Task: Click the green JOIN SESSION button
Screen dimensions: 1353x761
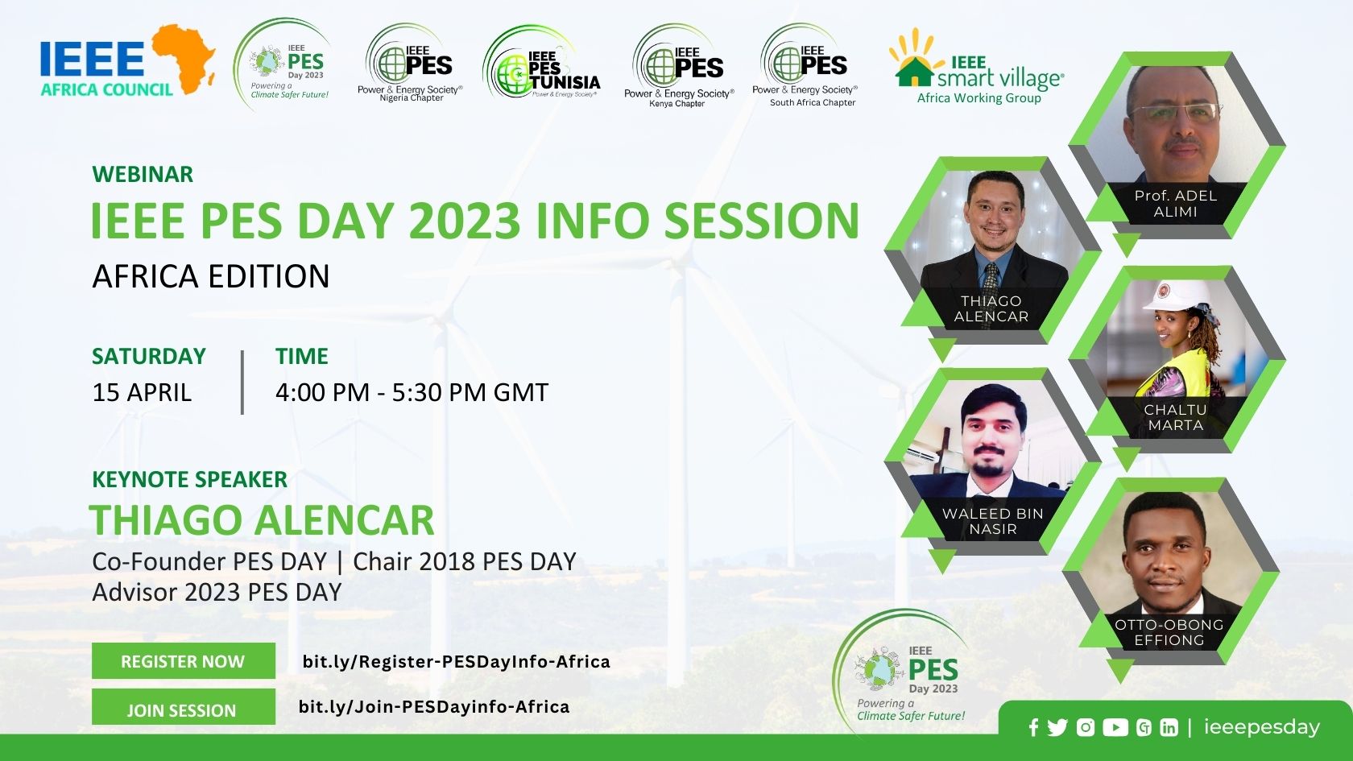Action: (x=184, y=709)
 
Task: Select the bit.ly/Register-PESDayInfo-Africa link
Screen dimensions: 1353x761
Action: (x=456, y=661)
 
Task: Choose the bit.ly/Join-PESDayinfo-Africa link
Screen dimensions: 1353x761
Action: (x=433, y=707)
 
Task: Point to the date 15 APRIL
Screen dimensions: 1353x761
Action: (x=142, y=393)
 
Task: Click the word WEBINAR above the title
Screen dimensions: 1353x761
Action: (x=143, y=174)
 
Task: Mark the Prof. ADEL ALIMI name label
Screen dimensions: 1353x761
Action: (x=1175, y=204)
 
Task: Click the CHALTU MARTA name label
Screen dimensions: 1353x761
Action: (x=1176, y=417)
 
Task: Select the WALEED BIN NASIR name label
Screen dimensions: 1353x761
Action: (x=992, y=521)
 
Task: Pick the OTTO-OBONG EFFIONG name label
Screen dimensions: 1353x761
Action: (x=1169, y=632)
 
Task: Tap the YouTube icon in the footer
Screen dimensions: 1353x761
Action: (x=1115, y=727)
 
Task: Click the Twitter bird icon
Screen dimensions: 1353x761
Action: (x=1057, y=727)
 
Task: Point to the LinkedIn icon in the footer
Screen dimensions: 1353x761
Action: (x=1169, y=728)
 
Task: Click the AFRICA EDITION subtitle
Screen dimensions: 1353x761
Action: (x=211, y=276)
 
